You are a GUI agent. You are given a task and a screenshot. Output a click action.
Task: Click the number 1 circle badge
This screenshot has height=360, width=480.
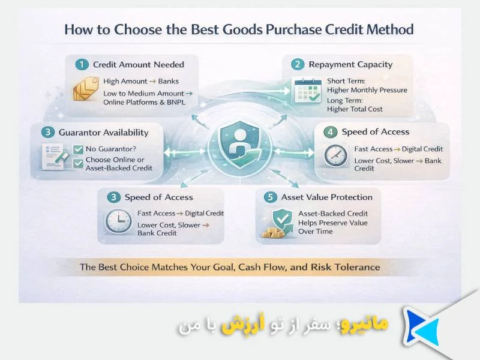81,64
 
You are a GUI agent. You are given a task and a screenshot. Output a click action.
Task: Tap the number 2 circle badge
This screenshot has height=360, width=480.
298,64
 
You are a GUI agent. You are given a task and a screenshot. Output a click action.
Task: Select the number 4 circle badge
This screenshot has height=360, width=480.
330,132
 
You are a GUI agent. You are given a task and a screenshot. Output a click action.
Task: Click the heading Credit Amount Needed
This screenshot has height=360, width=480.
139,64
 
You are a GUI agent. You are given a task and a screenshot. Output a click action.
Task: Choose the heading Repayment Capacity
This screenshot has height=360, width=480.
350,64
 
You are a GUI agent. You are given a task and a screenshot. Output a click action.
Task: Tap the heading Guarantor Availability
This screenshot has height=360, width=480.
103,132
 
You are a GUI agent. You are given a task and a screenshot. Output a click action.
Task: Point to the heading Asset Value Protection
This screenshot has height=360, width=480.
326,197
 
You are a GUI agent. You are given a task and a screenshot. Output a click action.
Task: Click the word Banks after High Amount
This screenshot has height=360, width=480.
168,81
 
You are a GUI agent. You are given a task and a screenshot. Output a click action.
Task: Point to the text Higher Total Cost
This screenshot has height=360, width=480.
355,109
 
